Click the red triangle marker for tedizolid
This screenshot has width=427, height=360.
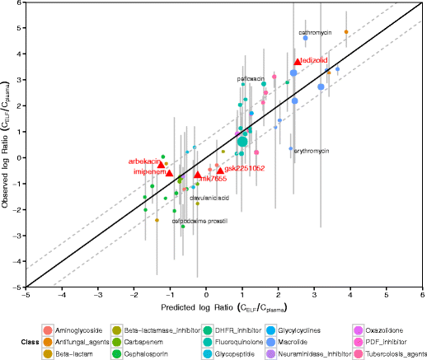pos(298,62)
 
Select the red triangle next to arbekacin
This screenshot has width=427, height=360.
pos(162,165)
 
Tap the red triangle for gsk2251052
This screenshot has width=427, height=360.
pos(220,170)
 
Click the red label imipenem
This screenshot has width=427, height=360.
pos(148,171)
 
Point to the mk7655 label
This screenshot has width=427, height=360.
pos(213,178)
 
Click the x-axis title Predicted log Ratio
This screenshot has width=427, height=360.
pos(223,307)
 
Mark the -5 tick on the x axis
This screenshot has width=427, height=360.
pos(27,294)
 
